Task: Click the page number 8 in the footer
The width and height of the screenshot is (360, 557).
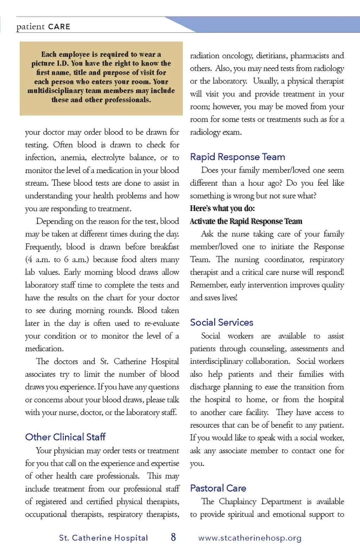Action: pyautogui.click(x=173, y=537)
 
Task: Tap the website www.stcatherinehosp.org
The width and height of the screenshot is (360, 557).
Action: pyautogui.click(x=250, y=538)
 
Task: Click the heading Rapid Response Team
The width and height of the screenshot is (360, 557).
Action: pyautogui.click(x=237, y=157)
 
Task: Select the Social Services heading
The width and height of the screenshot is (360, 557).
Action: pyautogui.click(x=221, y=322)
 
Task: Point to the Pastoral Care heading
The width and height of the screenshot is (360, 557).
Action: pyautogui.click(x=218, y=488)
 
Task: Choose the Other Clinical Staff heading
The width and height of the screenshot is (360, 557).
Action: pyautogui.click(x=65, y=437)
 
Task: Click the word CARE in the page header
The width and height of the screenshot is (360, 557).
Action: pyautogui.click(x=59, y=27)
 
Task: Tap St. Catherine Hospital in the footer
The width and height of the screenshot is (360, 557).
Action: pyautogui.click(x=103, y=538)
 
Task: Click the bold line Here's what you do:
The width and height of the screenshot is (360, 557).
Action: pyautogui.click(x=222, y=208)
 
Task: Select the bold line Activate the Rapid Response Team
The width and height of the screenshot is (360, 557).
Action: pyautogui.click(x=246, y=221)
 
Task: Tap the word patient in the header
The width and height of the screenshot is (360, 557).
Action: pyautogui.click(x=31, y=27)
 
